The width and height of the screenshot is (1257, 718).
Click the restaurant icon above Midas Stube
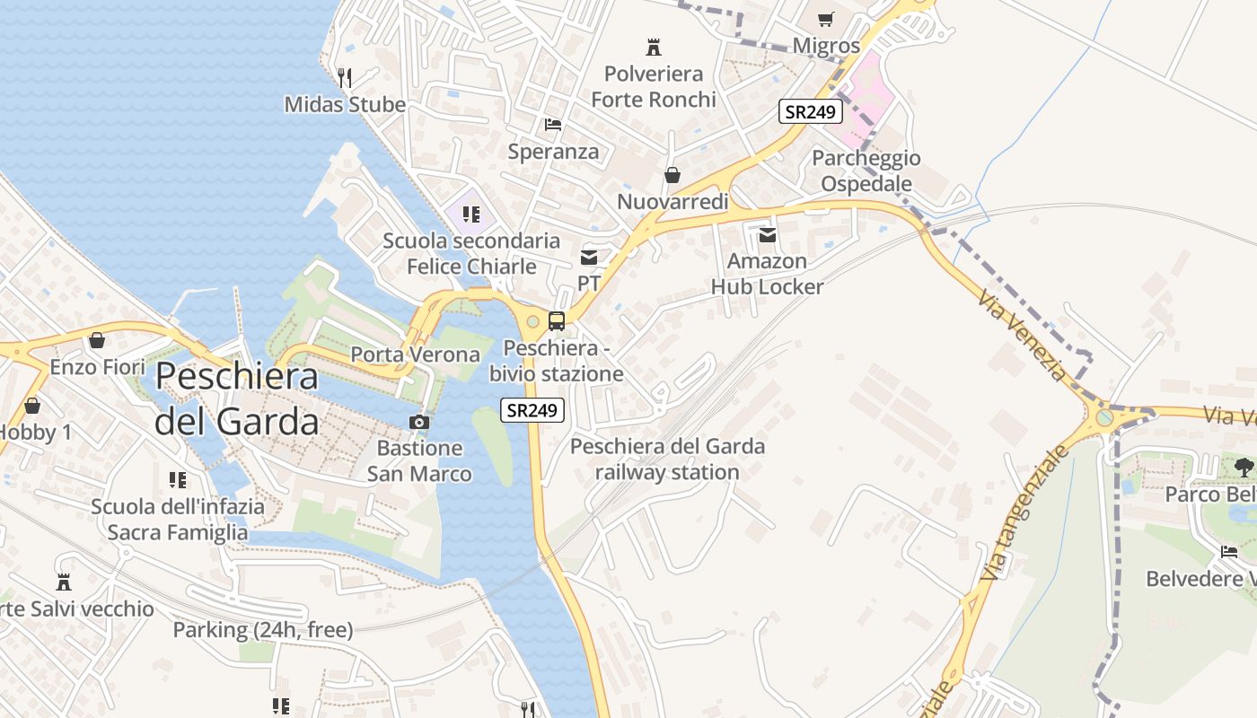(x=345, y=77)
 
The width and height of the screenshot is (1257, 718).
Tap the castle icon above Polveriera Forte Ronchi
(x=654, y=47)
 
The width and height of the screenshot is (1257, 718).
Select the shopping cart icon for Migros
(x=826, y=19)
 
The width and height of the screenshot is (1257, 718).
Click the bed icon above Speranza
(x=553, y=124)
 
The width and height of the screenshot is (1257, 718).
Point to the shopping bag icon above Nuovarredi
(x=672, y=175)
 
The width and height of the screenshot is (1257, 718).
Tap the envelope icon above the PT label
(x=589, y=258)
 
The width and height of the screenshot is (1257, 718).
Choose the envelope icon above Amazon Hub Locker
(x=767, y=235)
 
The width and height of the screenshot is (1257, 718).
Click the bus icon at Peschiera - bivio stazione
(x=557, y=320)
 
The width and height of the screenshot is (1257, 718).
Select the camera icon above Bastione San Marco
(x=419, y=422)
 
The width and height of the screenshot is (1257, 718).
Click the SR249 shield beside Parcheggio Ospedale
(x=810, y=112)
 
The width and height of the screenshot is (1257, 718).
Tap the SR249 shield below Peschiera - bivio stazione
(x=532, y=410)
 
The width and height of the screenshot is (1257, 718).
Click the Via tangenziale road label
(x=1026, y=512)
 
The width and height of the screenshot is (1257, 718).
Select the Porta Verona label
(x=415, y=355)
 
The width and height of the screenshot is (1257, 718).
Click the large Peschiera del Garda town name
(x=237, y=398)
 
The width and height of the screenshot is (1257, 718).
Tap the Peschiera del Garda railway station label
(x=667, y=459)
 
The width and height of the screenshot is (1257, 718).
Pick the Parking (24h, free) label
(x=262, y=630)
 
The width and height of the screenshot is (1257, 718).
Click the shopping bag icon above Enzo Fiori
(x=97, y=340)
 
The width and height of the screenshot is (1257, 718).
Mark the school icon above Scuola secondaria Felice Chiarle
(x=470, y=214)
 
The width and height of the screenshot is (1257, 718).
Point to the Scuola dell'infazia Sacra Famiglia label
(x=178, y=519)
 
